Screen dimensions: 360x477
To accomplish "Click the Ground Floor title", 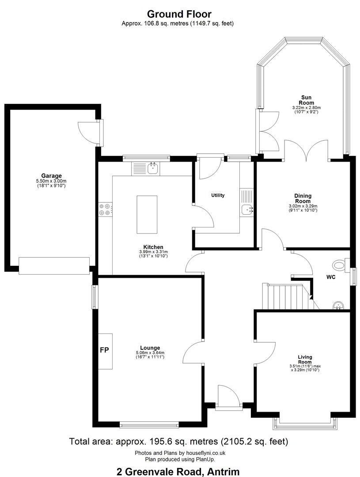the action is [179, 14].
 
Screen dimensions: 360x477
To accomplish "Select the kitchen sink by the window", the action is [152, 168].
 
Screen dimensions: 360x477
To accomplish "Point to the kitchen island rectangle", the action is [147, 215].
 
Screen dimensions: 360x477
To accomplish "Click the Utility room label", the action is [218, 195].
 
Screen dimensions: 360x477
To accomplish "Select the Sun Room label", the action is [307, 100].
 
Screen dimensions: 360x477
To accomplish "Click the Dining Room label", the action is [303, 198].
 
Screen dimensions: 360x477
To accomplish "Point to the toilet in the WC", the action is [341, 265].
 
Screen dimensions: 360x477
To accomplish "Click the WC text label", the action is [331, 277].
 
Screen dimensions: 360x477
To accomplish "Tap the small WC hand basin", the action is [338, 306].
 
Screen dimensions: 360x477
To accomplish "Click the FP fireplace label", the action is [104, 350].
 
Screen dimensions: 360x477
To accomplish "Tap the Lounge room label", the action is [150, 348].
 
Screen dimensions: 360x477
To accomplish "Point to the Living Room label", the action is [305, 360].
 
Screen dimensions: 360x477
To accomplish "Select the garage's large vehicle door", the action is [54, 266].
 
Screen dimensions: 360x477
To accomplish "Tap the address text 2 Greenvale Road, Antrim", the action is [178, 472].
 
